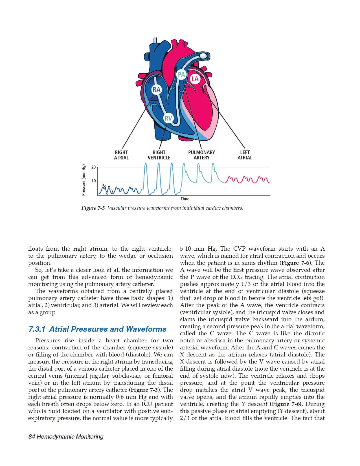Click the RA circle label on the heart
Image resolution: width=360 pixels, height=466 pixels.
tap(156, 90)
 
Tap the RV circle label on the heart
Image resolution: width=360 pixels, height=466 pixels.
tap(168, 118)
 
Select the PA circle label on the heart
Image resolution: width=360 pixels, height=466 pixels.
tap(181, 75)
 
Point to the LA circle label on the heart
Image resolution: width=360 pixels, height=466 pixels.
tap(195, 79)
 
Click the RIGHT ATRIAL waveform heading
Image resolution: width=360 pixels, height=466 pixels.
tap(121, 155)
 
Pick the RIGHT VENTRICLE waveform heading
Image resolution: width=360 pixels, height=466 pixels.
tap(159, 155)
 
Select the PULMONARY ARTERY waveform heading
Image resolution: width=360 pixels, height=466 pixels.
tap(201, 155)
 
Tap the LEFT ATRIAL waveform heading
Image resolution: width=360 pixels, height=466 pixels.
tap(245, 155)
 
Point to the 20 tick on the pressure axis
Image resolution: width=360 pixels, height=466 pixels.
tap(94, 167)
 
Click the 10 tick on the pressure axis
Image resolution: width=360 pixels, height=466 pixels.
tap(94, 181)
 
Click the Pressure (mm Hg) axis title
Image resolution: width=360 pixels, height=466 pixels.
tap(84, 180)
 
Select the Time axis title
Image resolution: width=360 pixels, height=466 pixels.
tap(185, 199)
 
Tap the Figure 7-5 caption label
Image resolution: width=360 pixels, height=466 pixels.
tap(93, 208)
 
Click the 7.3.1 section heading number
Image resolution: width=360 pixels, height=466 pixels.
tap(37, 329)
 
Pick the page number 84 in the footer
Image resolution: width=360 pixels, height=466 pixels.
tap(32, 437)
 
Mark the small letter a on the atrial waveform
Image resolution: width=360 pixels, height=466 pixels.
tap(103, 185)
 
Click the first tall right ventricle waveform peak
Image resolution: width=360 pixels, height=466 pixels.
tap(146, 163)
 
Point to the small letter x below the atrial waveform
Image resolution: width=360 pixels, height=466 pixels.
tap(107, 193)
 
